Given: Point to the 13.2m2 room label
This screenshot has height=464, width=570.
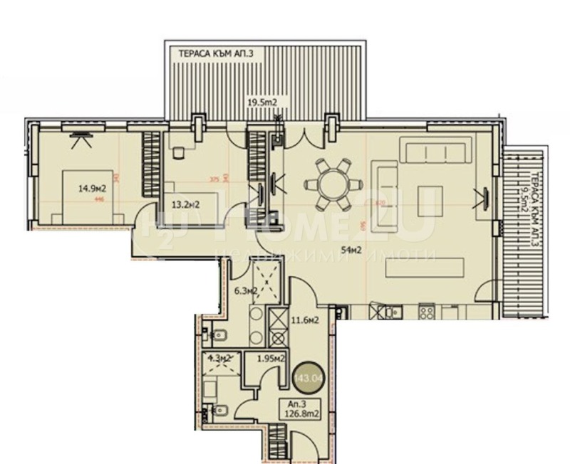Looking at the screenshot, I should coord(184,206).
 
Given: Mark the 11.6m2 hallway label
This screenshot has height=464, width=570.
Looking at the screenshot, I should coord(304,320).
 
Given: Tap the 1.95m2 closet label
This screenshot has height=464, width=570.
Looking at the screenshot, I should coord(271,359).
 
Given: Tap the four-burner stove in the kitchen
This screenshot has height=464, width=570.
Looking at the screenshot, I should coord(427,311).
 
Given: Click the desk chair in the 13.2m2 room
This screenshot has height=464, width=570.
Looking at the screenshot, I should coord(178,151).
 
